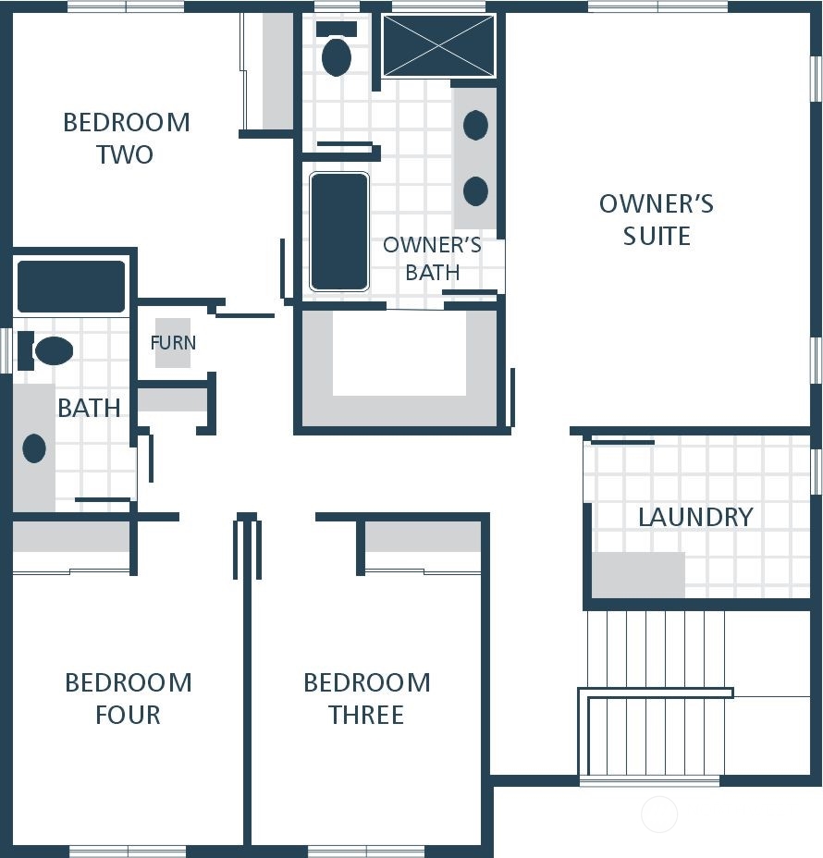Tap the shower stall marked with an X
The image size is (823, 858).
coord(438,45)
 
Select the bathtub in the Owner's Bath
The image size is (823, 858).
coord(338,231)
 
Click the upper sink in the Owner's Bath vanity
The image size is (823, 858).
coord(475,125)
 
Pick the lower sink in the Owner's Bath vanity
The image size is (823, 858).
coord(475,191)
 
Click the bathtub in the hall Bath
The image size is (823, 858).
coord(71,287)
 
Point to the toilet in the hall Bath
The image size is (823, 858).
coord(45,350)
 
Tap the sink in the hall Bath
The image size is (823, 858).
coord(34,448)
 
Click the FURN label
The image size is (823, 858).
coord(173,343)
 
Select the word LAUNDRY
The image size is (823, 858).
coord(695,517)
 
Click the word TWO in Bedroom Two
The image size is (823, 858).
coord(125,154)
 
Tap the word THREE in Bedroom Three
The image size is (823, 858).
coord(366,715)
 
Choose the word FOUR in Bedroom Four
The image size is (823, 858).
coord(128,715)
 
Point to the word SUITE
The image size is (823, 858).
coord(657,236)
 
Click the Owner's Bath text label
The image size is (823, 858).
coord(432,258)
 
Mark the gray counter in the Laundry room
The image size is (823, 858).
coord(638,574)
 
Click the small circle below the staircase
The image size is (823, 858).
coord(659,815)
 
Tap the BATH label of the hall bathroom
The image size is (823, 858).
coord(89,409)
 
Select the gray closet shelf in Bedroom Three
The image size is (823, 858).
coord(423,536)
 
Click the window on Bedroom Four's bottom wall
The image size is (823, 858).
coord(128,852)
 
